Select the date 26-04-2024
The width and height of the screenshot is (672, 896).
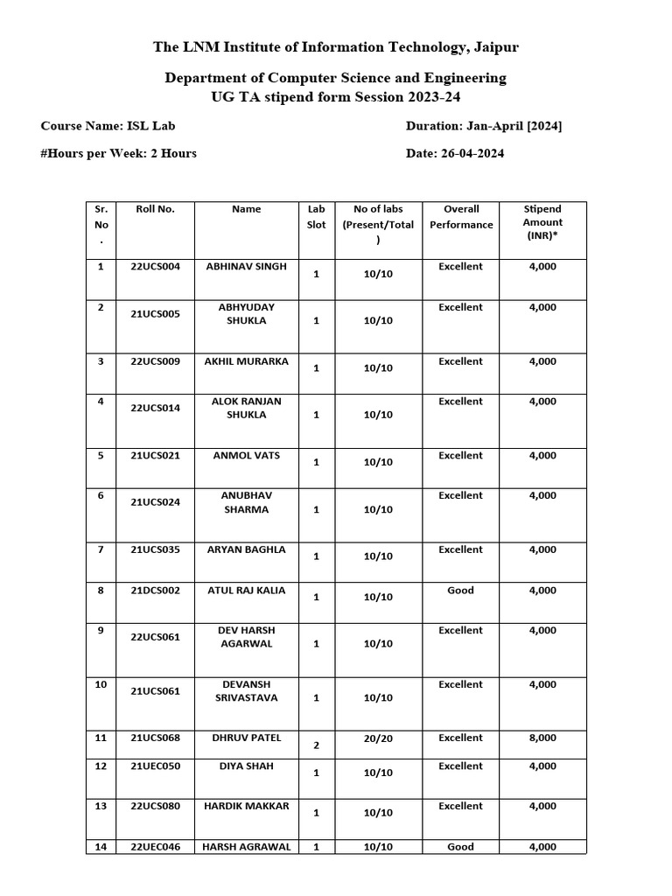point(469,153)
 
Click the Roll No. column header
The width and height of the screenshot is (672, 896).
point(155,209)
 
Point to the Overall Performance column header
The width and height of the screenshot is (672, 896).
point(461,217)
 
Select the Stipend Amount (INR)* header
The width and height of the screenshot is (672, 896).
point(542,222)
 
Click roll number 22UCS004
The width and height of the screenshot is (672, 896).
point(155,266)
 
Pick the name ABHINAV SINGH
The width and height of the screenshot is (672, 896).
point(246,266)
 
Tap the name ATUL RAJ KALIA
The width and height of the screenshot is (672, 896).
point(246,591)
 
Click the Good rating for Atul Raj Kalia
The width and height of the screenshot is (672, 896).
point(460,591)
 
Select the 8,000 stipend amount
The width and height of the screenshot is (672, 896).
point(542,738)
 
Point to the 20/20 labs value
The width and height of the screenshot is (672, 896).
point(378,738)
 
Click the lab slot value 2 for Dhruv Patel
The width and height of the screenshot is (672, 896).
point(316,745)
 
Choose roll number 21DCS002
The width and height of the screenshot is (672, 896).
point(155,591)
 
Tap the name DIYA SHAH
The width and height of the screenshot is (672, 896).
point(246,766)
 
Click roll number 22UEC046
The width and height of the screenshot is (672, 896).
point(155,846)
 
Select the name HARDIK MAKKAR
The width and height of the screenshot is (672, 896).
point(246,806)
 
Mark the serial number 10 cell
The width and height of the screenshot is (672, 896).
point(101,684)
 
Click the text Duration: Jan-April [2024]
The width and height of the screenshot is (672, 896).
point(484,126)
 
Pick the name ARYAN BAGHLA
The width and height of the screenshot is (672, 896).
point(246,549)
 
